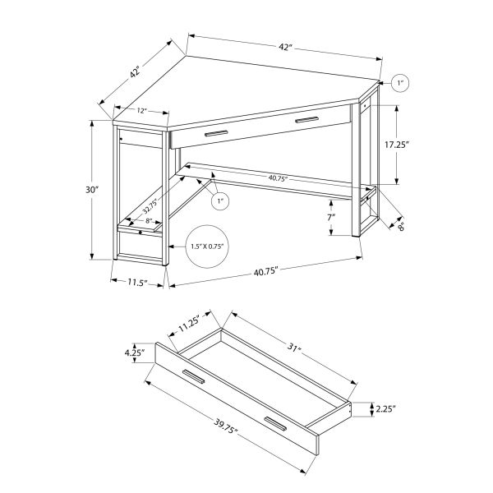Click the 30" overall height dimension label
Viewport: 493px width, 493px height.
coord(91,191)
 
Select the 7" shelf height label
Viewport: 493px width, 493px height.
coord(330,217)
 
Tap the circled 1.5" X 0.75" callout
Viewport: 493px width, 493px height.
coord(207,246)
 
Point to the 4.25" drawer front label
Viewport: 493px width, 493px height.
coord(136,353)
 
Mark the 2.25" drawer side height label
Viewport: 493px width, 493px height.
coord(385,406)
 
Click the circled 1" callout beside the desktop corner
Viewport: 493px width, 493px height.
coord(401,83)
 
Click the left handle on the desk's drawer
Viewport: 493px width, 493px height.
coord(218,133)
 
